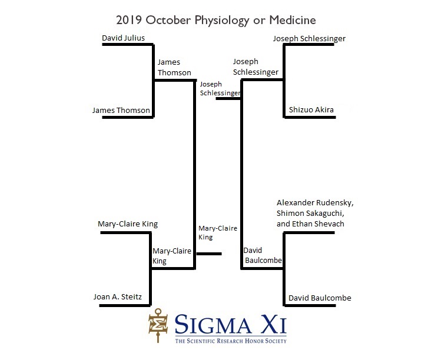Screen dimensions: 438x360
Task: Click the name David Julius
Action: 123,38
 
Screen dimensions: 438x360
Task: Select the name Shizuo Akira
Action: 311,109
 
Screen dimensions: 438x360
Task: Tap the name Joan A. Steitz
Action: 118,296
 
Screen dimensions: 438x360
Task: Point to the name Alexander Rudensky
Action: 314,203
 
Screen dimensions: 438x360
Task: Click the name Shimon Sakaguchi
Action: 310,214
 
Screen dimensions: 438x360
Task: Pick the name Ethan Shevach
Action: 318,224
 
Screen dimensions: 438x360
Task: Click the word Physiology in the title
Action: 222,21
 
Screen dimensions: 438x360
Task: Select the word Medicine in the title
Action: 293,20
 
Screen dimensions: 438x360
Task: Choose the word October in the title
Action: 168,20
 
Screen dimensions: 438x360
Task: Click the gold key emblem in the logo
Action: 158,325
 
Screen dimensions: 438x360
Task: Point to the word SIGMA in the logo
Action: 213,325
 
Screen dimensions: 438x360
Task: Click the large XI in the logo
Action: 274,325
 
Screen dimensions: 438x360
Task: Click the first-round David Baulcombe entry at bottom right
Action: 320,298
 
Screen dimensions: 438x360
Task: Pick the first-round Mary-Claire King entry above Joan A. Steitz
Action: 128,224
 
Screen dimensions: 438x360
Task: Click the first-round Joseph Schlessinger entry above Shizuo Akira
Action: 309,39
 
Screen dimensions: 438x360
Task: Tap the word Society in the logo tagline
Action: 276,341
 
